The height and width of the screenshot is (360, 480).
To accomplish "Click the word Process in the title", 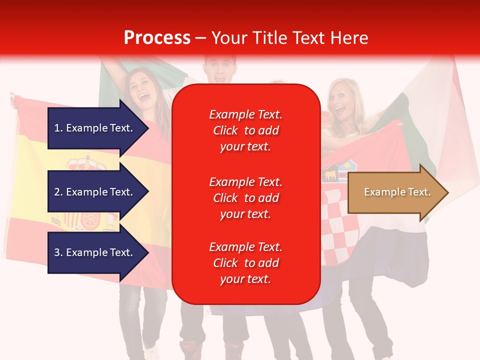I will click(157, 37).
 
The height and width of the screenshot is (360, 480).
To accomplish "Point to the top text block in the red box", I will click(245, 130).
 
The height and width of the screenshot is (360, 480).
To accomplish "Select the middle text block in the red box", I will click(245, 197).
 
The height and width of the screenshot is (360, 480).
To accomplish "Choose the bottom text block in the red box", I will click(245, 263).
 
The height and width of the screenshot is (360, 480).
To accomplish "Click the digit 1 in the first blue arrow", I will click(56, 128).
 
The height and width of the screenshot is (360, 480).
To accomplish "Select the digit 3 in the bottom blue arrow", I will click(56, 252).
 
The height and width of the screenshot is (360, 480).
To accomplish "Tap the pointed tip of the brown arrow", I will click(447, 192).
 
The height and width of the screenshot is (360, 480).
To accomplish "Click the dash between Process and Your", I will click(201, 38).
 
